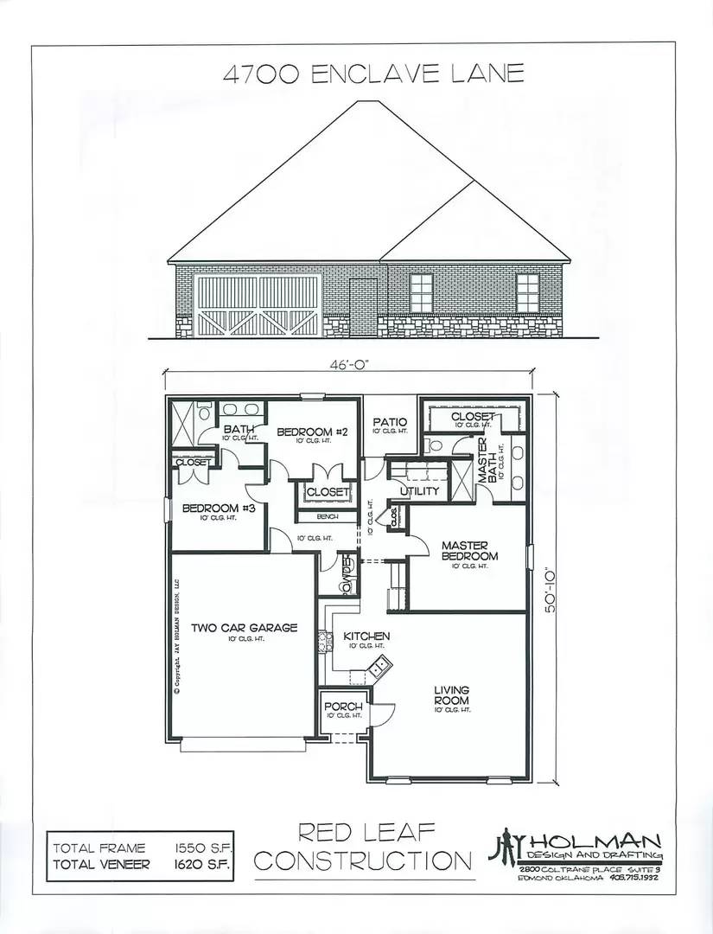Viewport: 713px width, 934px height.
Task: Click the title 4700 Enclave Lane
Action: click(372, 73)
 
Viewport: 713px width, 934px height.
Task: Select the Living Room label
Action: click(451, 694)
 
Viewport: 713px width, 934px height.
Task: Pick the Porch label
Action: click(342, 707)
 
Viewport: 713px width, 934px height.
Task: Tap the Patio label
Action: click(389, 423)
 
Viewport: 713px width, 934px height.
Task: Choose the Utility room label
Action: click(419, 491)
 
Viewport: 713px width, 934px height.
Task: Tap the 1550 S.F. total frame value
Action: click(205, 848)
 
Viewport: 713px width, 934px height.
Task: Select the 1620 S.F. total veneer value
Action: click(205, 863)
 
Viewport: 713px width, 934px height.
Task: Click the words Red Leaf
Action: click(366, 834)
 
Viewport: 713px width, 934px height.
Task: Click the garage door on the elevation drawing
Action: click(247, 305)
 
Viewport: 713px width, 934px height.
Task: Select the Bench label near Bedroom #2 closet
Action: click(326, 515)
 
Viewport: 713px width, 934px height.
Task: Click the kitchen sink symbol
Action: click(378, 667)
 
